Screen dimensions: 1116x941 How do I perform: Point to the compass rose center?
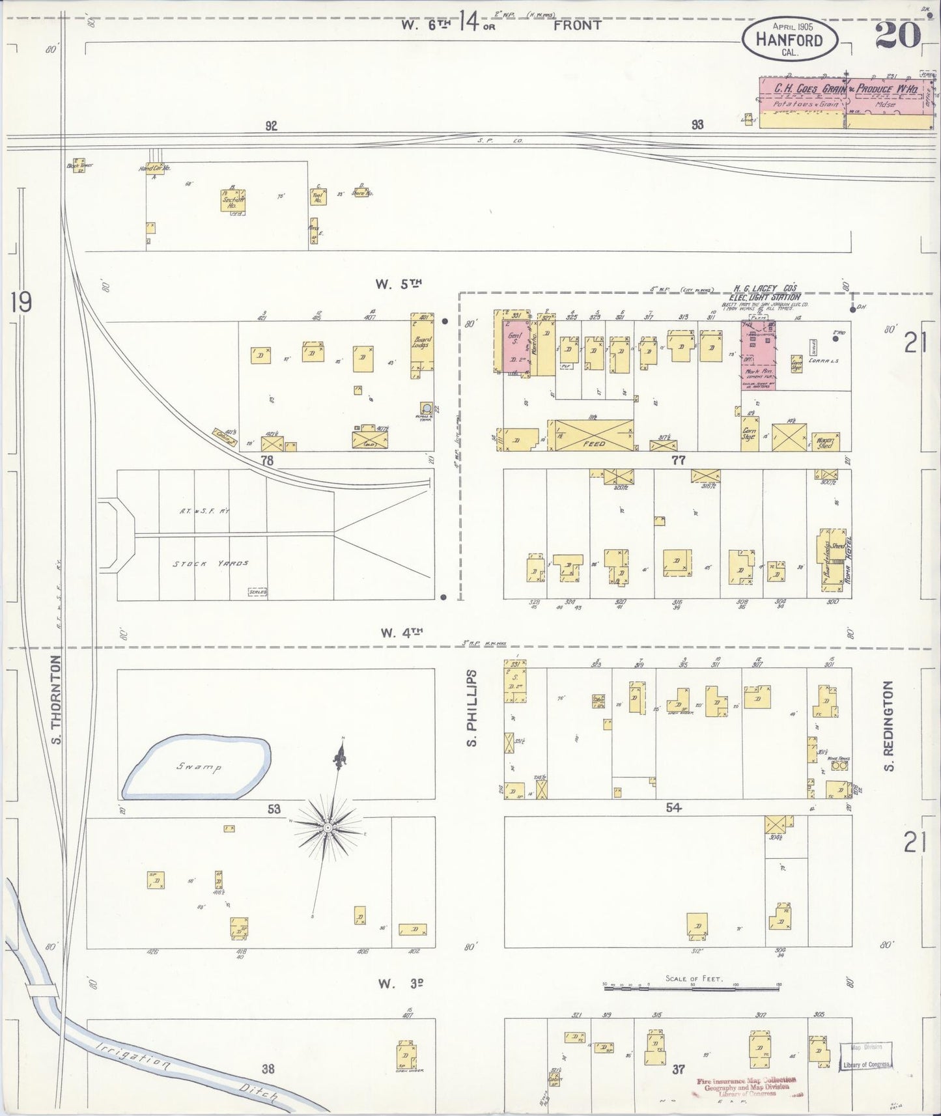[328, 828]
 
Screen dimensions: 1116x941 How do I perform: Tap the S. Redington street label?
[889, 725]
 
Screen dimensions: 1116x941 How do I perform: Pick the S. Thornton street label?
[56, 699]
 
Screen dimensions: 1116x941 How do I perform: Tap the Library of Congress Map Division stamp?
[865, 1055]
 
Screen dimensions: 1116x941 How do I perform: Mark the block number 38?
[268, 1068]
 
